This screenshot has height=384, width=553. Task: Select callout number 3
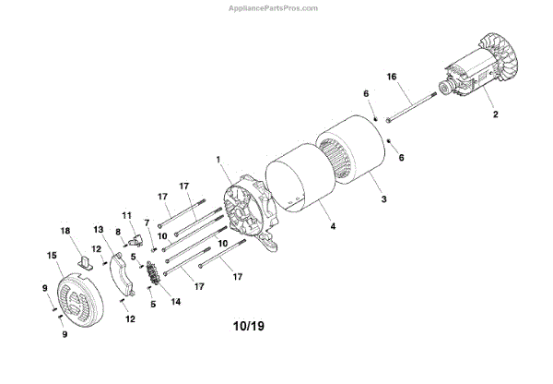[x=384, y=198]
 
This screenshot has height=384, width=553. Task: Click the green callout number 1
[x=218, y=160]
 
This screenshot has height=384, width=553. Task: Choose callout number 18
[x=65, y=230]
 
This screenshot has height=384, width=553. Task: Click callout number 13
[x=100, y=228]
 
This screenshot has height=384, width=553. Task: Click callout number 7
[x=146, y=222]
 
